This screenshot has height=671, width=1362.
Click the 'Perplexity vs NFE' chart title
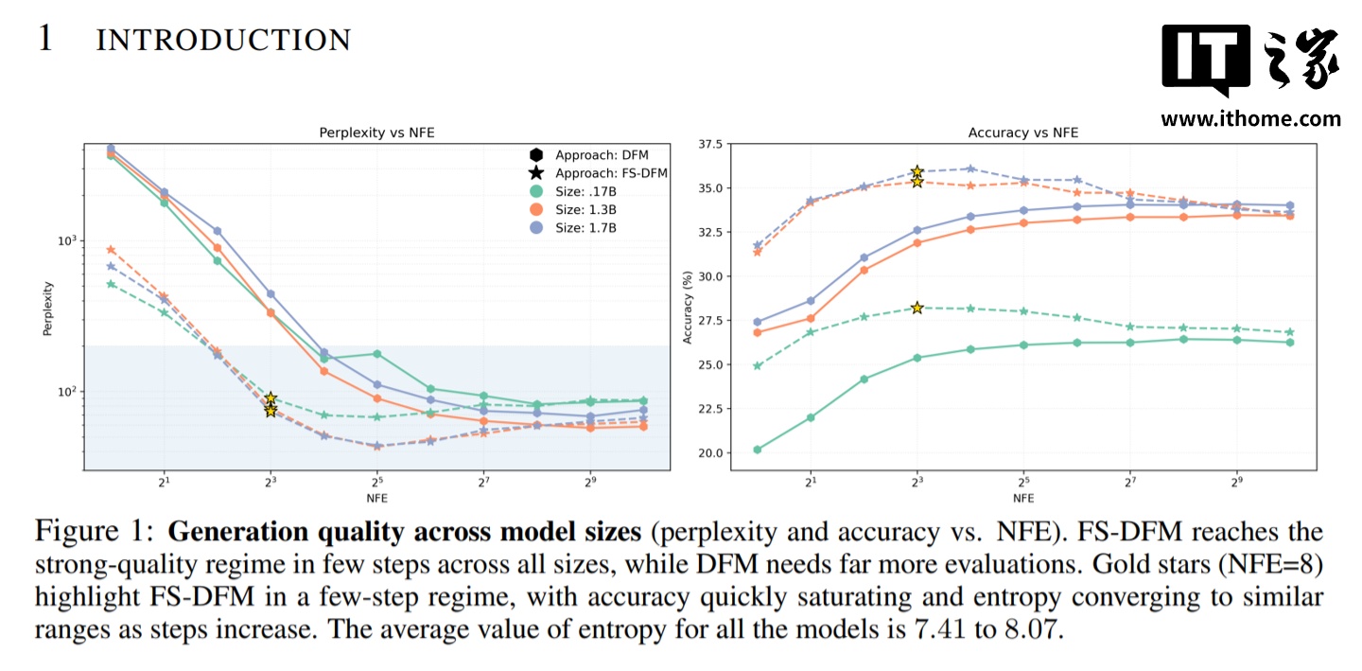pos(376,133)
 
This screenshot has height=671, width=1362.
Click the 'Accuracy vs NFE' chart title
pos(1022,133)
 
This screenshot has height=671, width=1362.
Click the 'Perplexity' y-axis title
pos(47,308)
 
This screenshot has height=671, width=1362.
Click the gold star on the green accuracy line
pos(917,308)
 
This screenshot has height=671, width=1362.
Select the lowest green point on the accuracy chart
pos(758,450)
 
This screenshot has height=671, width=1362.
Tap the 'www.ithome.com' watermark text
pos(1250,119)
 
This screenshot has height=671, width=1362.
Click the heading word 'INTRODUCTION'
pos(223,41)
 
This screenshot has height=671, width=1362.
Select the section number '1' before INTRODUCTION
pos(45,40)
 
